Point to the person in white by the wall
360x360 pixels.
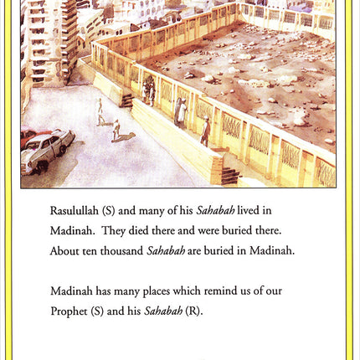coord(180,111)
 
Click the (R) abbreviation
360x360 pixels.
coord(194,311)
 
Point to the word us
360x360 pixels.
coord(249,291)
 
